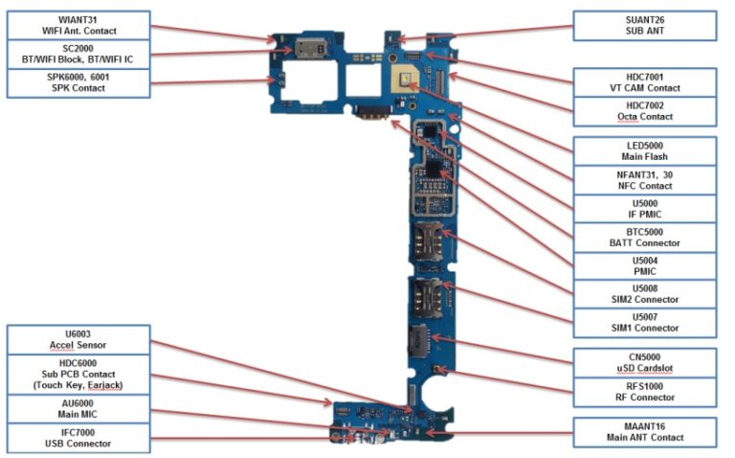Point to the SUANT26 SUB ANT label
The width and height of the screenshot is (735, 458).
click(x=643, y=25)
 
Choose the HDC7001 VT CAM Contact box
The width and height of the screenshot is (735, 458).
click(x=643, y=82)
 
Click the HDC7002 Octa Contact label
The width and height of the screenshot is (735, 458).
click(x=643, y=111)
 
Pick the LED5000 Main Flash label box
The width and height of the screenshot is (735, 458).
click(x=643, y=150)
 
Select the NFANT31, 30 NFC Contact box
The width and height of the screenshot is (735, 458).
click(x=643, y=179)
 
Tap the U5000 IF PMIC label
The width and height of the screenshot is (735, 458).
click(x=643, y=208)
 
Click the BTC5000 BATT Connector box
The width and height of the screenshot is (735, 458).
click(x=643, y=237)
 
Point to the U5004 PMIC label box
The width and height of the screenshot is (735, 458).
click(x=643, y=265)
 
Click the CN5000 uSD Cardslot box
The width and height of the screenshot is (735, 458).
click(x=643, y=362)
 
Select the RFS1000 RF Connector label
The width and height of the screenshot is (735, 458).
click(x=643, y=391)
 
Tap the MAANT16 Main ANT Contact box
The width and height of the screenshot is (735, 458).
click(x=643, y=431)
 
